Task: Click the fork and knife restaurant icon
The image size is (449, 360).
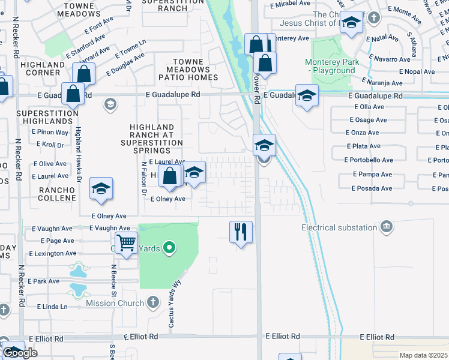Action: [x=241, y=232]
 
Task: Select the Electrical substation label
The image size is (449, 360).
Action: [x=339, y=227]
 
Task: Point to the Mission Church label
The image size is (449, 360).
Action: [x=114, y=303]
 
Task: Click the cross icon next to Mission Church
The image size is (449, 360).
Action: [x=153, y=302]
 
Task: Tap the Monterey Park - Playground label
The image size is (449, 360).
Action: [x=330, y=67]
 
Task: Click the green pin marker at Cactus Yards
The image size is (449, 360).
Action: [x=169, y=247]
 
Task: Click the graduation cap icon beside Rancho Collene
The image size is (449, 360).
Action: [x=101, y=188]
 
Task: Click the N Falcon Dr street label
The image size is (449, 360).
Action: [x=144, y=178]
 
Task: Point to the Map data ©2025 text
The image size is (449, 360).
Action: [x=423, y=355]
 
